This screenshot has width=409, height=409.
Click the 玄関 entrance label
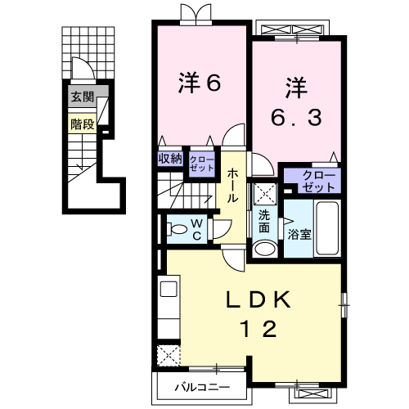[x=83, y=97]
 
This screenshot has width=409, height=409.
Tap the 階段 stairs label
[x=83, y=124]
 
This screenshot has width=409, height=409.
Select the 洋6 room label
[x=200, y=83]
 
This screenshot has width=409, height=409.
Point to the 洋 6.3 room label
[x=296, y=102]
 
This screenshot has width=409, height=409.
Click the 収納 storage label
[x=170, y=158]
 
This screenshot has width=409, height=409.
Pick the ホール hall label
[x=232, y=186]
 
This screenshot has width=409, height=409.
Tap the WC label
[x=197, y=230]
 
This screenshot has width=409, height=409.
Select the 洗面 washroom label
[x=264, y=221]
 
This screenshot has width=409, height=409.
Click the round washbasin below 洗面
[x=264, y=249]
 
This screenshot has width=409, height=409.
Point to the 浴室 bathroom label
[x=299, y=234]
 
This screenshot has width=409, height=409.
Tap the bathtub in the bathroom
[x=327, y=228]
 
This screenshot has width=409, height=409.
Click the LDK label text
[x=258, y=300]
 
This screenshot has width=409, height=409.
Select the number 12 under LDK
[x=258, y=329]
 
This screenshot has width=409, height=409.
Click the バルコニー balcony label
[x=202, y=387]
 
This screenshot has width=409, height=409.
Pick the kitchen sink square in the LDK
[x=169, y=289]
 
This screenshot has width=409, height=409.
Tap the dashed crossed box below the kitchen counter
[x=169, y=356]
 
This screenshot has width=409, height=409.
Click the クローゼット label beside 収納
[x=202, y=164]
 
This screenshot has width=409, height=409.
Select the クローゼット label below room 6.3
[x=319, y=181]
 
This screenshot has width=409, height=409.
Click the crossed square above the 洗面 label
[x=265, y=194]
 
